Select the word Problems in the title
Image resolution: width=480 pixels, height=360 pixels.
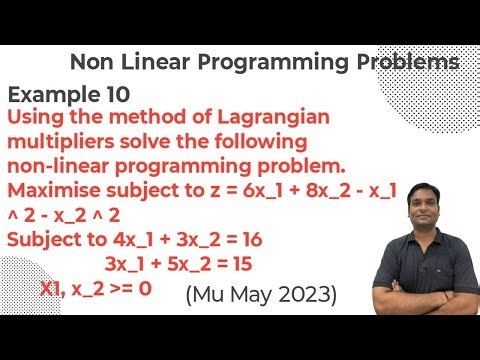pyautogui.click(x=405, y=63)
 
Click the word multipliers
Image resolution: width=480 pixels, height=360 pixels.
pyautogui.click(x=64, y=140)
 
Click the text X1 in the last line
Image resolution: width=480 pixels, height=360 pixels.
pyautogui.click(x=56, y=290)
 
